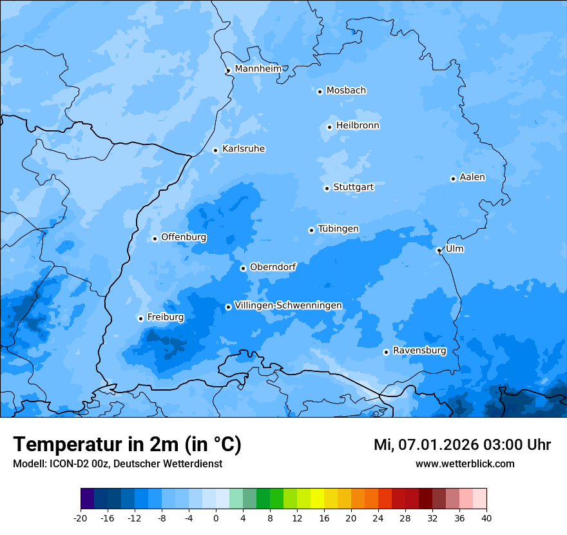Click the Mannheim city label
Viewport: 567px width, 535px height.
pos(258,68)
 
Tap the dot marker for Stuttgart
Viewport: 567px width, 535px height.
pos(327,188)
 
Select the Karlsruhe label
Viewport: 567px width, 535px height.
pos(244,149)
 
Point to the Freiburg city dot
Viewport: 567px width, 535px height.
pos(140,318)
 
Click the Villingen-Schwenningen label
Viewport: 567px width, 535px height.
pos(288,306)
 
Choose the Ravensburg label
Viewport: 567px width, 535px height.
pos(419,351)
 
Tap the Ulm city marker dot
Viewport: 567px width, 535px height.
pos(439,250)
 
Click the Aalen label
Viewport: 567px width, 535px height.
pos(472,177)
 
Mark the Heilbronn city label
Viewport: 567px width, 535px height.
pos(358,126)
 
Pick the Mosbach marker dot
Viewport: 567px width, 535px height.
pos(320,92)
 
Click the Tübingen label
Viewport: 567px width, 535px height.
pos(338,229)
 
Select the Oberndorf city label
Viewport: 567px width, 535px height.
pos(273,267)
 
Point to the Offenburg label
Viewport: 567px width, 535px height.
pos(184,237)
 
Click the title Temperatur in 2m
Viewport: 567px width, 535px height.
pos(127,444)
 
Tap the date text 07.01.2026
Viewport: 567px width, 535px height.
pos(438,445)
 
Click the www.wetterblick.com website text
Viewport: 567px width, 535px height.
pos(465,463)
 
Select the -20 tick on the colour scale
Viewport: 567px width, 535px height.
pos(81,518)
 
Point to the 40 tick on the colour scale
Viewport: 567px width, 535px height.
pos(486,518)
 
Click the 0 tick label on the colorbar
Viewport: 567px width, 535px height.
pos(216,518)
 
